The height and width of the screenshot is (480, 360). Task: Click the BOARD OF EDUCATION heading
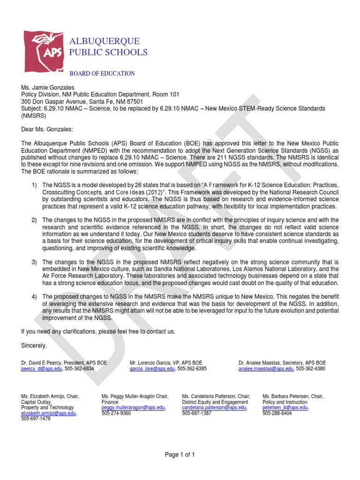[102, 74]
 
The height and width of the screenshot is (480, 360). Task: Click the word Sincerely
[34, 345]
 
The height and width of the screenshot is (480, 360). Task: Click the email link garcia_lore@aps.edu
[152, 369]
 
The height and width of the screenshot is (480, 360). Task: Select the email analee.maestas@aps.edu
[266, 369]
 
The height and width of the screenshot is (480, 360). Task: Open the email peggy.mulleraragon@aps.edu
[133, 408]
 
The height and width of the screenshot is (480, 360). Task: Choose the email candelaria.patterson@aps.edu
[214, 408]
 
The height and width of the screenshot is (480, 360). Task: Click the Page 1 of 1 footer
[180, 455]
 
